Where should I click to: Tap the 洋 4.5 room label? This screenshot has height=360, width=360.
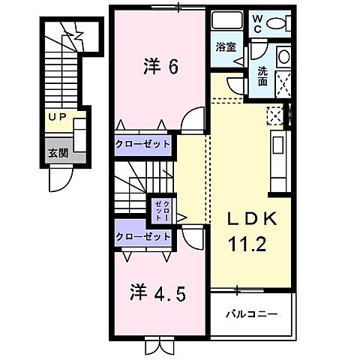[159, 290]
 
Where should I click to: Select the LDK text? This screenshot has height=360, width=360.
[253, 219]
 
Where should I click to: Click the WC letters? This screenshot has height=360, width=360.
[256, 22]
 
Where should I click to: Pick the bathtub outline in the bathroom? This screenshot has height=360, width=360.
[223, 21]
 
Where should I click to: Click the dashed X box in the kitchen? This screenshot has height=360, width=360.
[274, 115]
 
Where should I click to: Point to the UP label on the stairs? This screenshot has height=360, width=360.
[57, 117]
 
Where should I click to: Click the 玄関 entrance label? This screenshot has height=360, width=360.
[57, 152]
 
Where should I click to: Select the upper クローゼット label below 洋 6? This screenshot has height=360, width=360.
[143, 143]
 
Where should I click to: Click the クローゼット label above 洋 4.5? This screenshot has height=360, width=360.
[143, 236]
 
